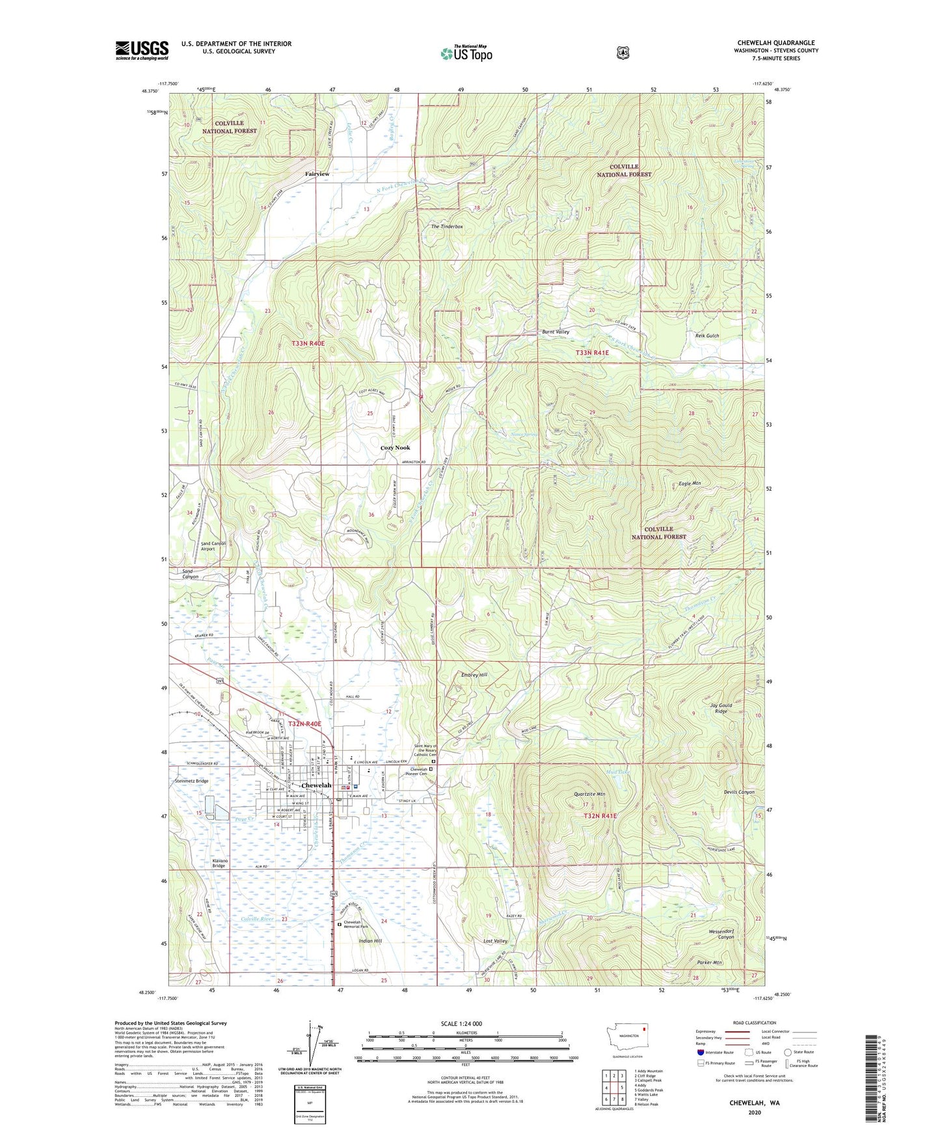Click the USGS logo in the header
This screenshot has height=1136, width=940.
click(x=142, y=49)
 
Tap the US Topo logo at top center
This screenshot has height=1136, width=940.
click(x=466, y=53)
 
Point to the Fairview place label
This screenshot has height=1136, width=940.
click(x=317, y=174)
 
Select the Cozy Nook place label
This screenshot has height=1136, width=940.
click(x=395, y=448)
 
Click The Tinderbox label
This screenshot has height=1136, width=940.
click(x=447, y=226)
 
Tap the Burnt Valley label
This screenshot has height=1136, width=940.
click(x=556, y=332)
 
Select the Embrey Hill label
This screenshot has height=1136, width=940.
click(x=474, y=675)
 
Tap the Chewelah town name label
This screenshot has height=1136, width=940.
click(x=316, y=785)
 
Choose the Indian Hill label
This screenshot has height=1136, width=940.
click(x=370, y=941)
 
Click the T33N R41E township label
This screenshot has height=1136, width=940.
click(x=592, y=353)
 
